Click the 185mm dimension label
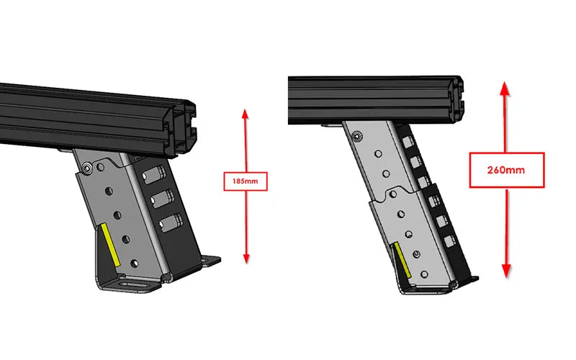point(246,181)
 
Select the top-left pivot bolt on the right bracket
point(355,133)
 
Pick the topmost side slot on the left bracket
point(156,174)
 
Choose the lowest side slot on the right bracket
point(451,244)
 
